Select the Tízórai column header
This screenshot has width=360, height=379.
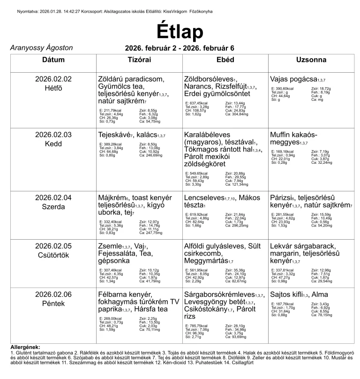click(139, 60)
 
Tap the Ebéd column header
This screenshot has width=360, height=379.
click(225, 60)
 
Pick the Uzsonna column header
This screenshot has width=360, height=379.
click(311, 60)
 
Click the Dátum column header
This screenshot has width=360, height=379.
click(53, 60)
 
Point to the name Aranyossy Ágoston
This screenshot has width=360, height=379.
click(41, 48)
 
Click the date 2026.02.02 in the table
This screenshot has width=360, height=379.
click(53, 79)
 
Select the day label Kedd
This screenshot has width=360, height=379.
click(53, 144)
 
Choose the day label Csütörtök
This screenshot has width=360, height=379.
click(53, 254)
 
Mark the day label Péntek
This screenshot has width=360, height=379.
click(53, 303)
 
